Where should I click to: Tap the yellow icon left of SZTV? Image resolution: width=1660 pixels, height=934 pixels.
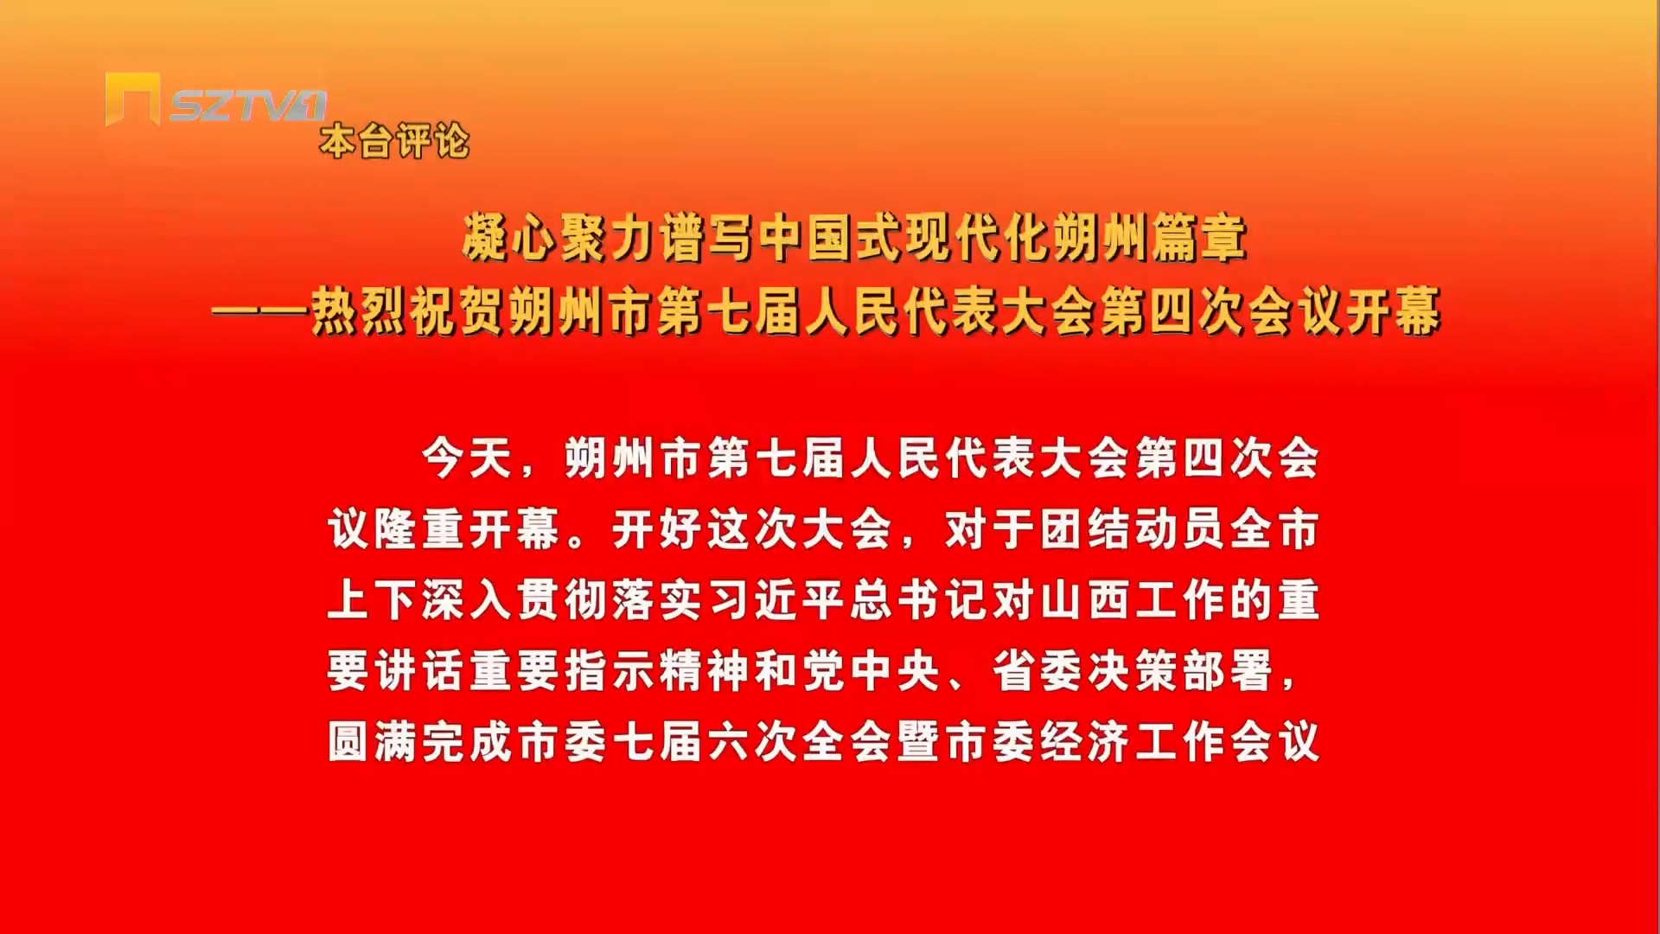tap(132, 99)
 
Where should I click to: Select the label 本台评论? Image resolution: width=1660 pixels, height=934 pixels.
tap(394, 141)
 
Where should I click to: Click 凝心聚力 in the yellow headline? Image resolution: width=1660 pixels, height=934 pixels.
tap(560, 238)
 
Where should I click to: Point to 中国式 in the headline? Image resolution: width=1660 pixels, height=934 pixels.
tap(832, 238)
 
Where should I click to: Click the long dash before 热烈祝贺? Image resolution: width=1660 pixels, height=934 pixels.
tap(260, 312)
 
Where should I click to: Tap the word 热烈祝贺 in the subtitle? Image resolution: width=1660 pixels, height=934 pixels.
tap(409, 311)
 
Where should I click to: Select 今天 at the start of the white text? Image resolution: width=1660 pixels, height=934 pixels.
tap(468, 458)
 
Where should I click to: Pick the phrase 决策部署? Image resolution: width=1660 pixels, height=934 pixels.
tap(1180, 671)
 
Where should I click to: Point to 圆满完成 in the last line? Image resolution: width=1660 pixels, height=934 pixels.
tap(421, 742)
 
